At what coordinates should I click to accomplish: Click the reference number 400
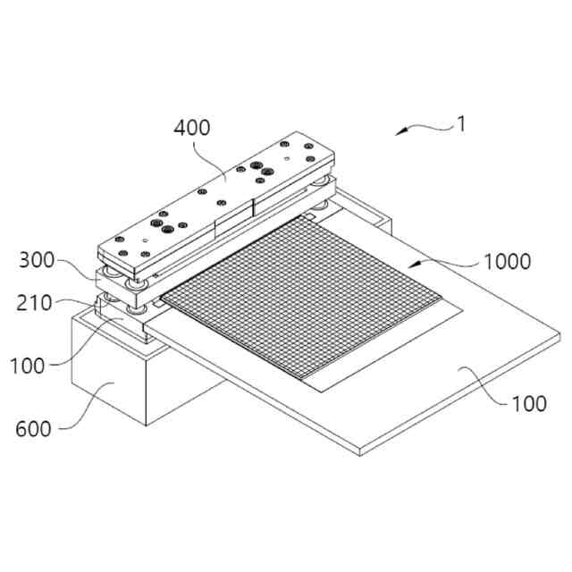[192, 128]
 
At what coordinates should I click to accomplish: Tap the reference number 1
[460, 124]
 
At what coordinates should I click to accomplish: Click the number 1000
[507, 262]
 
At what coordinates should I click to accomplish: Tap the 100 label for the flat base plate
[529, 404]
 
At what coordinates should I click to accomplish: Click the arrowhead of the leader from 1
[400, 133]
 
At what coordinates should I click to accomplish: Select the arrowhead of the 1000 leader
[412, 265]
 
